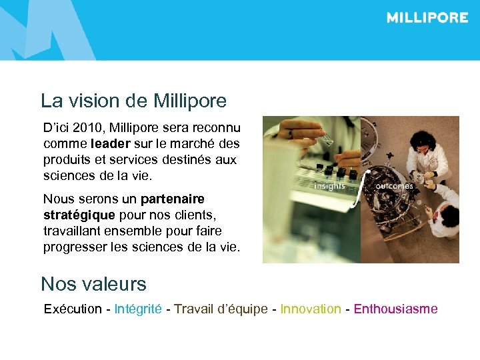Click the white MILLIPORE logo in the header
tap(427, 18)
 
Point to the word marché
tap(197, 143)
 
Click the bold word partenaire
tap(173, 199)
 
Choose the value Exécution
tap(73, 309)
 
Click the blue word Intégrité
tap(138, 309)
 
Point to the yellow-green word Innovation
tap(310, 309)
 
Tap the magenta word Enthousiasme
tap(395, 309)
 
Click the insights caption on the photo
tap(329, 187)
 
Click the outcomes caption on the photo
tap(394, 187)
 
